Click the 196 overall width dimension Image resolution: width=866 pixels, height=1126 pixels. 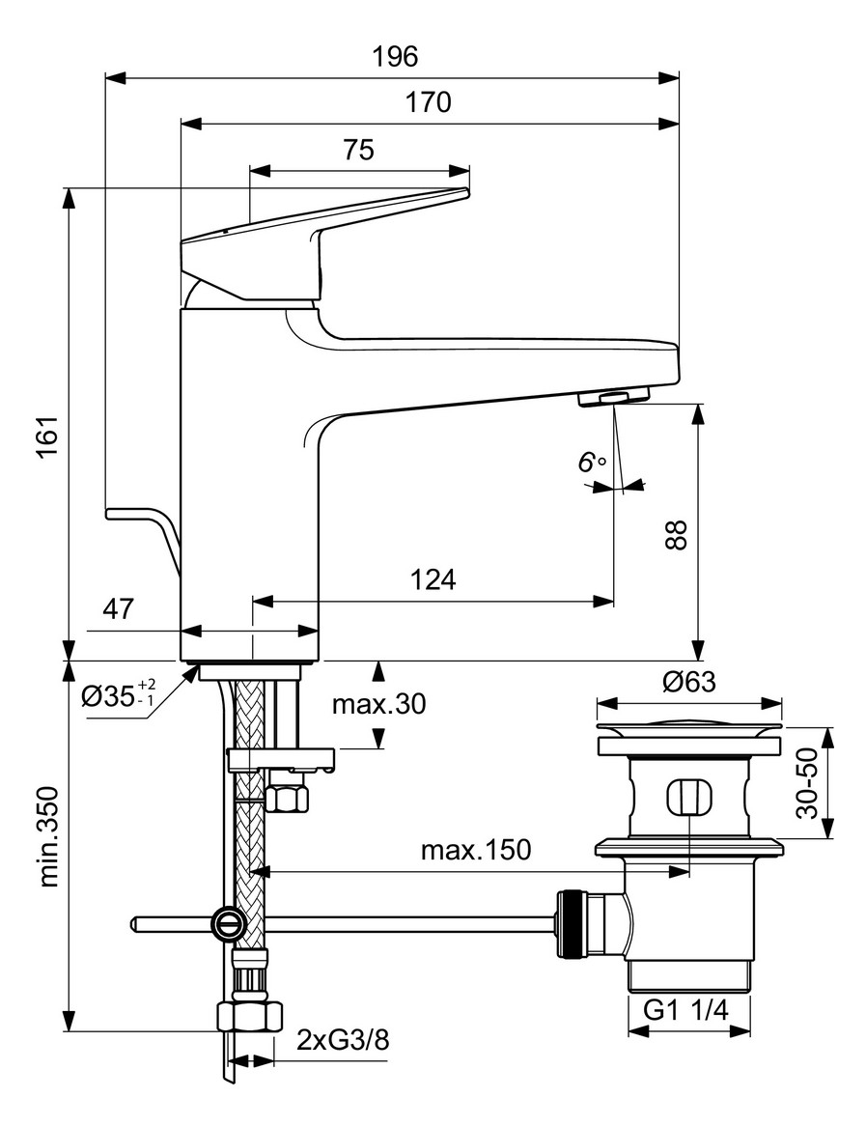click(395, 57)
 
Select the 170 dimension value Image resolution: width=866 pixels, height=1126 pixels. click(428, 102)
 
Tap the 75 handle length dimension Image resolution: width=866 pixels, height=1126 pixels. click(358, 150)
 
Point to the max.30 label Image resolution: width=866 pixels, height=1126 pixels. click(378, 703)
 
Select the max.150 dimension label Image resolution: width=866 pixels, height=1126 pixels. click(475, 850)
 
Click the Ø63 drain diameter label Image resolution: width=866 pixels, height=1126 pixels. click(688, 682)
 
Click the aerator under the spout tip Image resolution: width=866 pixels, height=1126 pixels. click(612, 397)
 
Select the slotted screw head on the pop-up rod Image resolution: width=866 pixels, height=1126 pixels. click(229, 924)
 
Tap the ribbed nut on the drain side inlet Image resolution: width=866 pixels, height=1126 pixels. click(570, 925)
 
